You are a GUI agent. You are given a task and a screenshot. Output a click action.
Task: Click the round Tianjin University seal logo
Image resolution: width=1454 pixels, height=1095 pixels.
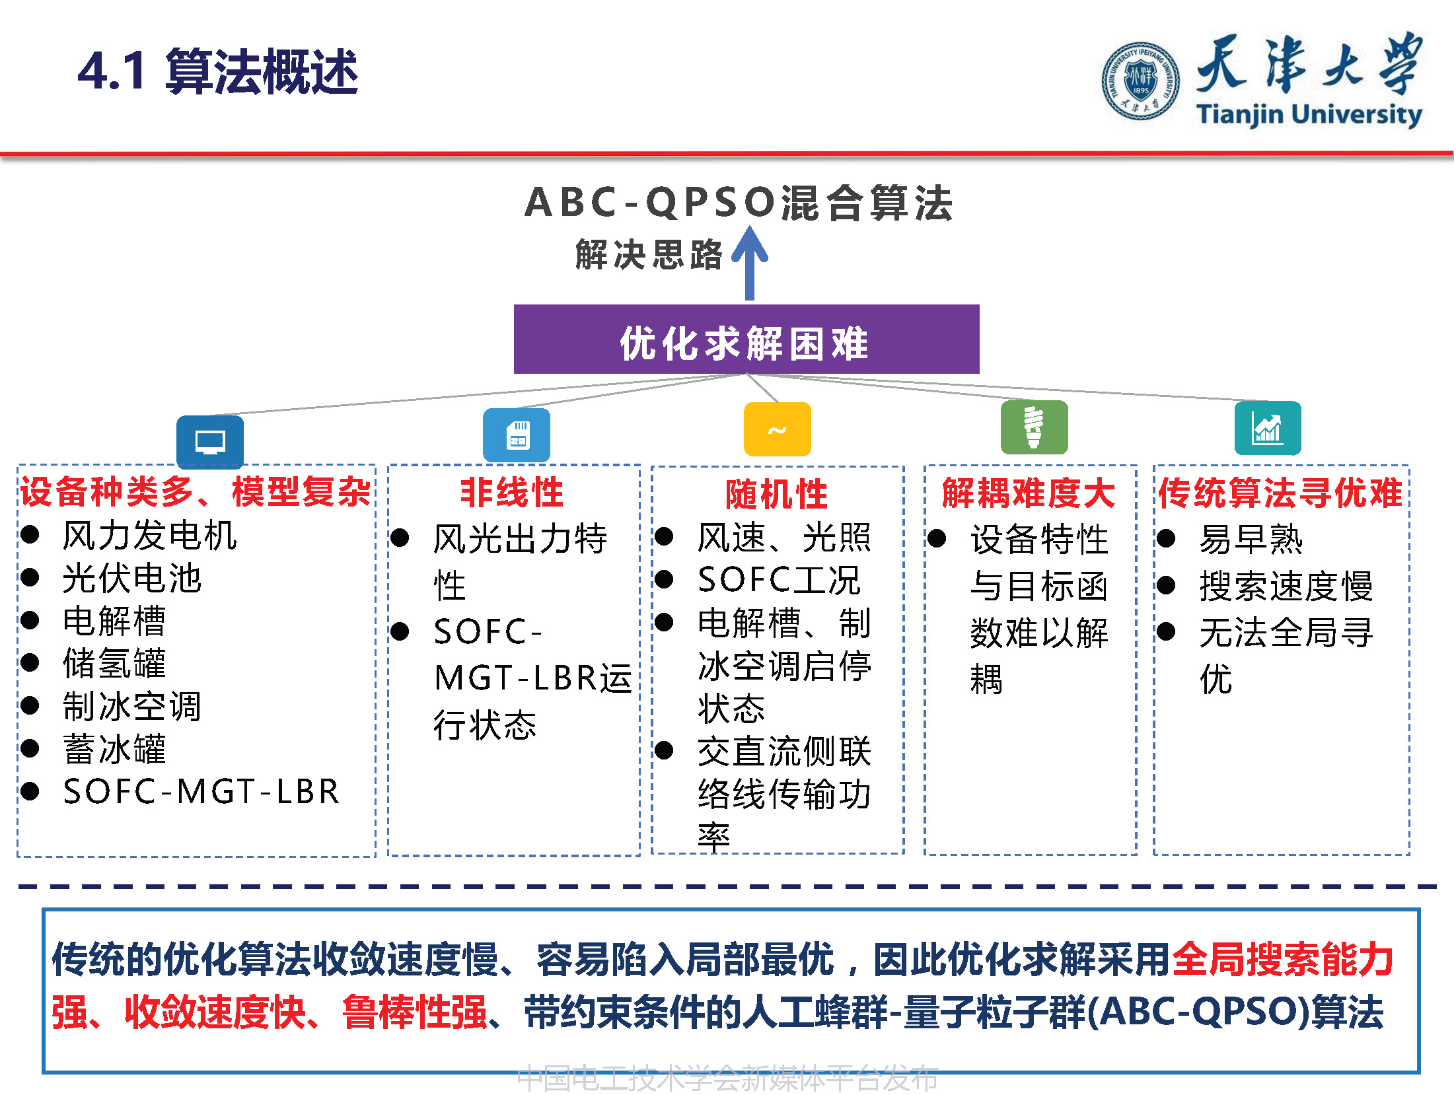[1140, 81]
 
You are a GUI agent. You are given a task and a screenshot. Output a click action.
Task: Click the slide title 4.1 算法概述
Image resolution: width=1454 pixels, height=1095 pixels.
[217, 71]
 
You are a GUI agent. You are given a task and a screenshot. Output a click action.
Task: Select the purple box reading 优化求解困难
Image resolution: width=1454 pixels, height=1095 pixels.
[746, 339]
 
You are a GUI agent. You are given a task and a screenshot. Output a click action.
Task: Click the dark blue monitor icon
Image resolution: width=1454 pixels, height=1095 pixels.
[210, 441]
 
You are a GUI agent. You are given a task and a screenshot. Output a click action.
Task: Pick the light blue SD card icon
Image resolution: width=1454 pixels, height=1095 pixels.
[517, 435]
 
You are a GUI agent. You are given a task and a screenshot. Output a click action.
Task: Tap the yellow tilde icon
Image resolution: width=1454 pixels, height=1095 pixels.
[777, 429]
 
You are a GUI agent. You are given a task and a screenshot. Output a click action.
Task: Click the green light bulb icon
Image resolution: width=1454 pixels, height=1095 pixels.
[1034, 427]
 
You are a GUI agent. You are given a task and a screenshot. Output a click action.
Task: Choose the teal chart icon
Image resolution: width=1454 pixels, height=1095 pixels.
[1267, 428]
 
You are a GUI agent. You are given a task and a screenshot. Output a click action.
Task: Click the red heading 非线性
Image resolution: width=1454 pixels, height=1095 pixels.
[512, 493]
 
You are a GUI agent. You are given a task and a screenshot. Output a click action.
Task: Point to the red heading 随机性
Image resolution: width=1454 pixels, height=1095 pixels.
[776, 494]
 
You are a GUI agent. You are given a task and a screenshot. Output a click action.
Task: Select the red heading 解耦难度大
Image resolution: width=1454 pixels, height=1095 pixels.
[1029, 493]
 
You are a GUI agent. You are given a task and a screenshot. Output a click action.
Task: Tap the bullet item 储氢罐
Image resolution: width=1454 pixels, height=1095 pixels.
[114, 663]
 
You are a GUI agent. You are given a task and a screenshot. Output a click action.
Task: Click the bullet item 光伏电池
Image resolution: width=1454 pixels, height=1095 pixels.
[131, 579]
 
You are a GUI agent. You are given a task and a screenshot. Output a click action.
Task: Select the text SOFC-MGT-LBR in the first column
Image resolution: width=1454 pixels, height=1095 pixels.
[201, 791]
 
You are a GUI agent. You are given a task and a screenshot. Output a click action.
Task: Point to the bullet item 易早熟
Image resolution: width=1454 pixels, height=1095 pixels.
[1250, 540]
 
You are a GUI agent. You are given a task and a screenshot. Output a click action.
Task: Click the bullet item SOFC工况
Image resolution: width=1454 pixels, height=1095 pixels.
[778, 580]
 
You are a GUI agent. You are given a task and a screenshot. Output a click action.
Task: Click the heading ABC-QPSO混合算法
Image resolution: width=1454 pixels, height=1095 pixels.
[738, 202]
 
